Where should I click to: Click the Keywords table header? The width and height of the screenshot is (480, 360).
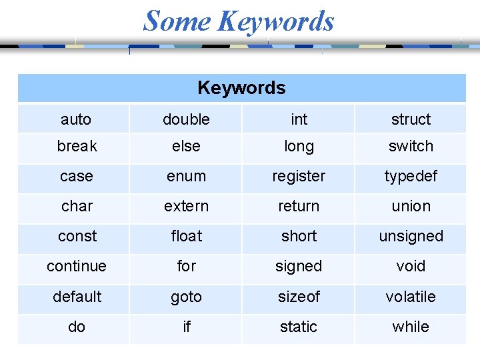(241, 88)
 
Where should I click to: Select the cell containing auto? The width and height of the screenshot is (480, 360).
(76, 119)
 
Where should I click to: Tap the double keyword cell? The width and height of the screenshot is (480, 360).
(186, 119)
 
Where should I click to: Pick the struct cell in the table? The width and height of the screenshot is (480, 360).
(411, 119)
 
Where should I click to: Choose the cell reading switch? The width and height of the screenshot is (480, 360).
(411, 146)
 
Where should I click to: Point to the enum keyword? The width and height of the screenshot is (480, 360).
(186, 176)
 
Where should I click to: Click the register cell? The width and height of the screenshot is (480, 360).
(299, 176)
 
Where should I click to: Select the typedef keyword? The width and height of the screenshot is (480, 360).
(411, 176)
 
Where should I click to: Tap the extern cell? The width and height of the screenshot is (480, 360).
(186, 206)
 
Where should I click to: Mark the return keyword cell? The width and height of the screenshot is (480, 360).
(299, 206)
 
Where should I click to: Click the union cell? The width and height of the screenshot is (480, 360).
(411, 206)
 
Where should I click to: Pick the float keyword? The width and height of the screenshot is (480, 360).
(186, 236)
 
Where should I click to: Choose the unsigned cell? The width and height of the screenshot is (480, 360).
(411, 236)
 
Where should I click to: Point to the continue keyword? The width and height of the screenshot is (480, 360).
(76, 266)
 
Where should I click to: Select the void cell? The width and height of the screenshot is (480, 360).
(411, 266)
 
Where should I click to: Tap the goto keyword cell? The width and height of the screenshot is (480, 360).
(186, 297)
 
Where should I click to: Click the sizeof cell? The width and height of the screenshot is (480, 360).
(299, 297)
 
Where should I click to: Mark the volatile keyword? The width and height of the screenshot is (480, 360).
(411, 297)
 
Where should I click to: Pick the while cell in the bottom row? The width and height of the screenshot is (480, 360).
(411, 327)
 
